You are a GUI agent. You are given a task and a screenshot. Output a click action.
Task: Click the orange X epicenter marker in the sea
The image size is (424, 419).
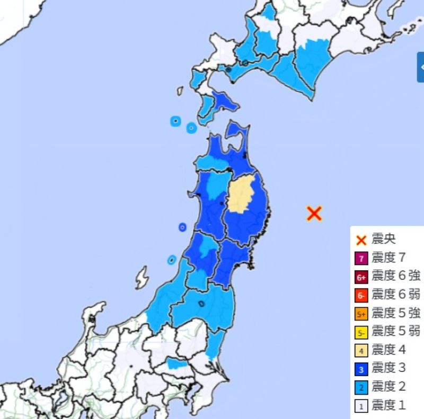(314, 213)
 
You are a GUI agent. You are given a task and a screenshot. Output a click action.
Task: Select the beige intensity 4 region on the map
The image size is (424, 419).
(242, 195)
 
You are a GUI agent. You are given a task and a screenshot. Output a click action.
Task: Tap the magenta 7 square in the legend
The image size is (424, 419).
(361, 259)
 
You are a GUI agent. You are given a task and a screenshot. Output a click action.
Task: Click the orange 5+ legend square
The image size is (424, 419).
(361, 314)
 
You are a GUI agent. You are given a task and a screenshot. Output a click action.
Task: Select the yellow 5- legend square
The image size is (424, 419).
(361, 332)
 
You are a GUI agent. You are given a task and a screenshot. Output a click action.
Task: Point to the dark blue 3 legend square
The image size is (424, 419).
(361, 369)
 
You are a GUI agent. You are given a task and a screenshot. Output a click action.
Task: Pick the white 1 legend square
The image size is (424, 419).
(361, 406)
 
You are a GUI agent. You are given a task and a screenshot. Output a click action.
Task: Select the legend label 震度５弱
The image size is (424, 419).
(396, 332)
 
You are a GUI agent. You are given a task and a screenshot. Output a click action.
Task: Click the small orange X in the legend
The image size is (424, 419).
(361, 240)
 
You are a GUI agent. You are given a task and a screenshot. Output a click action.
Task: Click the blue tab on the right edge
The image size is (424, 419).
(420, 67)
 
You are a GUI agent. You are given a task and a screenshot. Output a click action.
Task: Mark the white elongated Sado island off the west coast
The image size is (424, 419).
(141, 278)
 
